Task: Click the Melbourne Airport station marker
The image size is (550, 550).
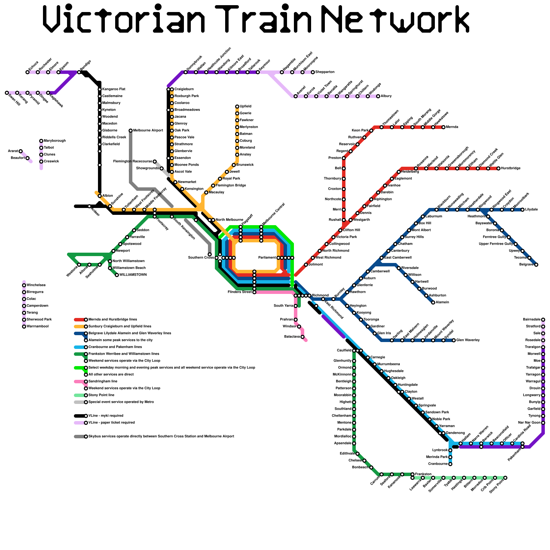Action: click(x=131, y=131)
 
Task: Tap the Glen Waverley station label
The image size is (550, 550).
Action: click(x=468, y=340)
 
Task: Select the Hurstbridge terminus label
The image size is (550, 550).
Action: click(x=511, y=168)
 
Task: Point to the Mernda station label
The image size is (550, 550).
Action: click(x=452, y=127)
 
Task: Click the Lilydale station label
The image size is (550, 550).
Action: click(x=531, y=210)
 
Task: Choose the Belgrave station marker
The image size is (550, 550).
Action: click(x=536, y=265)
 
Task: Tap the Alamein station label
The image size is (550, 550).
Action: click(x=442, y=302)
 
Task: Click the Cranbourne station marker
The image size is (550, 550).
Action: click(x=450, y=464)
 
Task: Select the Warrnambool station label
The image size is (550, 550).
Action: click(x=37, y=327)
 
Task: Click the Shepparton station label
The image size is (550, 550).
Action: click(x=325, y=72)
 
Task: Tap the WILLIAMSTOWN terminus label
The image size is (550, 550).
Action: click(x=133, y=275)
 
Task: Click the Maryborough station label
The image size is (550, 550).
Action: click(x=55, y=141)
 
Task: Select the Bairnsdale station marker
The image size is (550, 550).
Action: click(x=543, y=320)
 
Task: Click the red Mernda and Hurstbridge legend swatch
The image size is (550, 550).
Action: click(x=79, y=320)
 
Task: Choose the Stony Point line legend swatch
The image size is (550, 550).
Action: click(x=79, y=395)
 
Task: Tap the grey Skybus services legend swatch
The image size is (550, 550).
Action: click(x=79, y=437)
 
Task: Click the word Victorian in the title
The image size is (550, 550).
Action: click(x=124, y=19)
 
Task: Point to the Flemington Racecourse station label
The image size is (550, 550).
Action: click(x=133, y=162)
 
